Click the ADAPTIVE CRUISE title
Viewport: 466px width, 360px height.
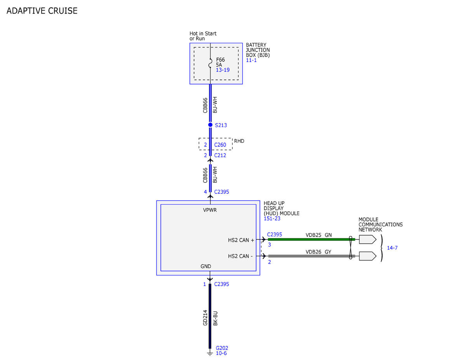click(42, 11)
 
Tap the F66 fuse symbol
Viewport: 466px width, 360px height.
click(210, 63)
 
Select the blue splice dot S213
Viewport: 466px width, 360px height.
click(210, 125)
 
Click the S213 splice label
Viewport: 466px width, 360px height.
click(221, 125)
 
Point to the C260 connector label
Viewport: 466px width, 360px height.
click(220, 145)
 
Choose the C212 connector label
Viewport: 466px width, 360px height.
click(220, 155)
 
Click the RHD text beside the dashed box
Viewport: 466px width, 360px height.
click(239, 141)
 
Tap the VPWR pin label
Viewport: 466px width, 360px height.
click(210, 210)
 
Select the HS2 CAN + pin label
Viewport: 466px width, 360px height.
click(241, 240)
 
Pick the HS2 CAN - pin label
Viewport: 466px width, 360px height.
click(240, 256)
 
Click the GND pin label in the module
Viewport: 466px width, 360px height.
click(206, 266)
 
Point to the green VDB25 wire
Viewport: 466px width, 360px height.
click(311, 240)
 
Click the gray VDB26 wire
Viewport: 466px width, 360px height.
click(311, 256)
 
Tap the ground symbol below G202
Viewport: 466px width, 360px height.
click(210, 354)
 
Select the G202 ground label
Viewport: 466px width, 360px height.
click(222, 348)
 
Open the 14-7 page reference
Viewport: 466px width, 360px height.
click(392, 248)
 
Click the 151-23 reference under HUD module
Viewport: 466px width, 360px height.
click(272, 219)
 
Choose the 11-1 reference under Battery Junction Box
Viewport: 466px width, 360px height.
click(251, 60)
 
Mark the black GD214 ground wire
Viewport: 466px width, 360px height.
click(210, 316)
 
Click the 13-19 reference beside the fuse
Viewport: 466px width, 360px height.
click(223, 70)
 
